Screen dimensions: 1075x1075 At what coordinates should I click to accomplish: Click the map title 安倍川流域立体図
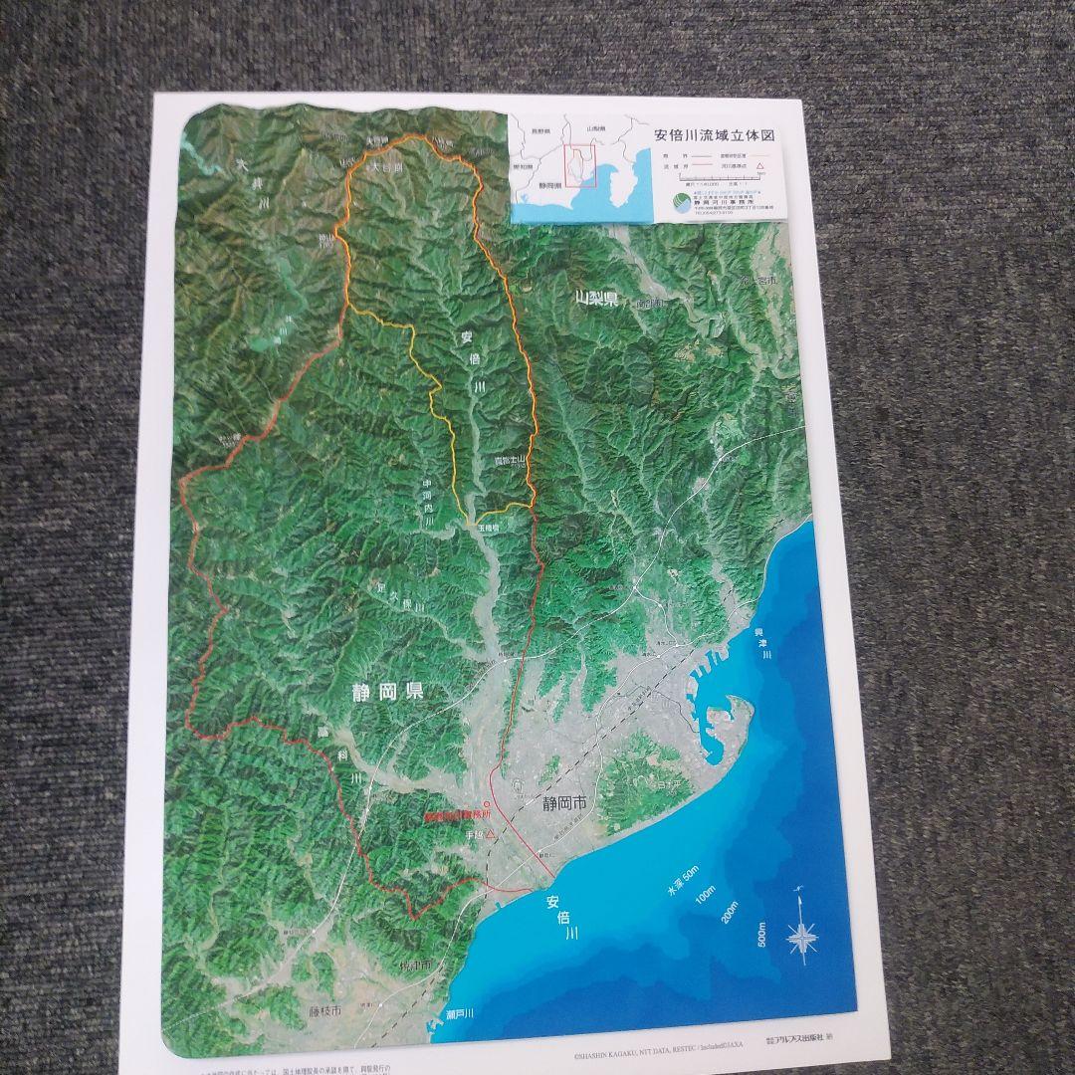[712, 135]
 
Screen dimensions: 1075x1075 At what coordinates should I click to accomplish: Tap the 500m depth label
[762, 936]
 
